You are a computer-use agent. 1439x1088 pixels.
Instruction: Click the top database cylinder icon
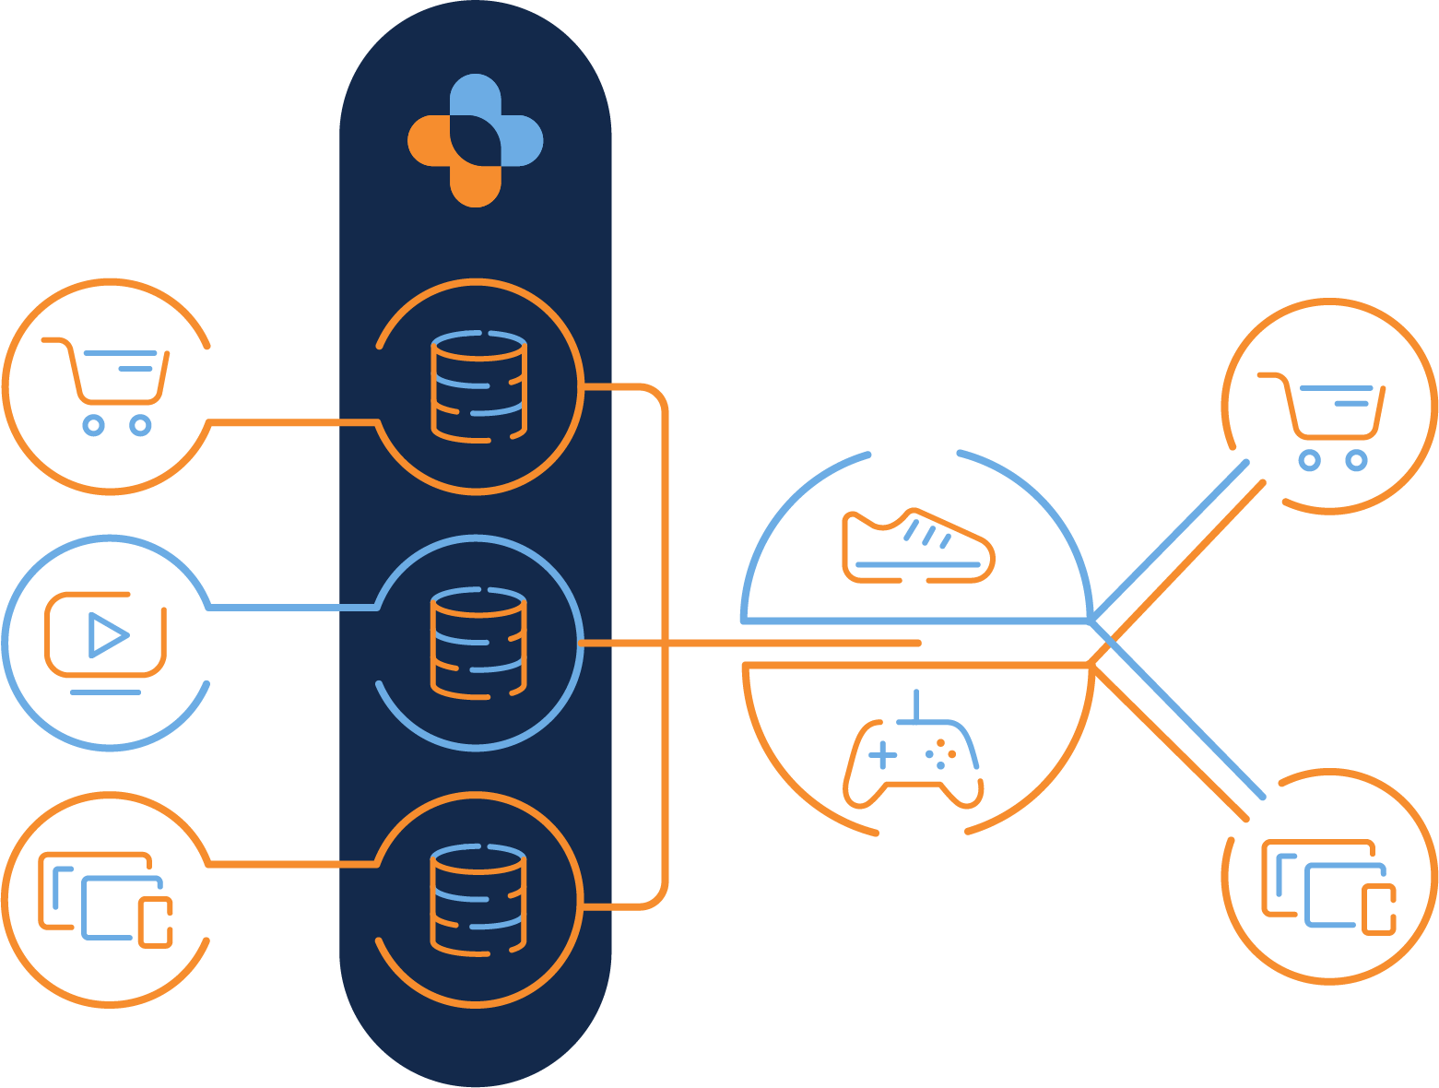[478, 385]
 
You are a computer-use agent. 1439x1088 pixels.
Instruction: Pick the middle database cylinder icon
[478, 643]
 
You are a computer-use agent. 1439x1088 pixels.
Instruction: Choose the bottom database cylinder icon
[478, 899]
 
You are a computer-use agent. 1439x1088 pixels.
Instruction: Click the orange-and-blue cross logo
[476, 140]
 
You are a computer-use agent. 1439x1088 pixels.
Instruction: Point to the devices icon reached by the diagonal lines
[1328, 886]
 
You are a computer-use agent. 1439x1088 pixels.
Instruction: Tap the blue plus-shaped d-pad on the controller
[882, 755]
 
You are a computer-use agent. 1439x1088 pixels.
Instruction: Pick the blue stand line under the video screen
[106, 692]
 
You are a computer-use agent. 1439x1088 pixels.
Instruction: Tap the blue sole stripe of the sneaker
[917, 564]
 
